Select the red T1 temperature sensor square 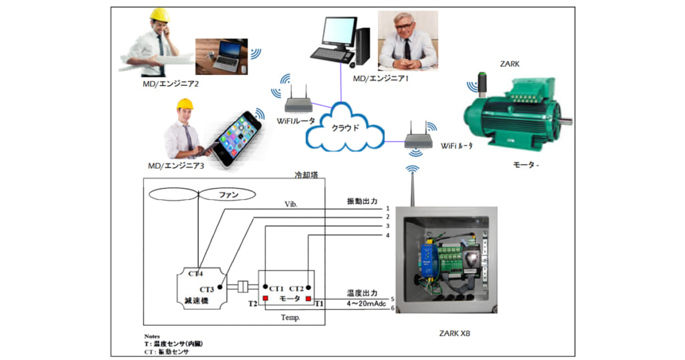pyautogui.click(x=309, y=298)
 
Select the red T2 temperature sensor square pyautogui.click(x=265, y=298)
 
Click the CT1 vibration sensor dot pyautogui.click(x=266, y=286)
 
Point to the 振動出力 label pyautogui.click(x=362, y=201)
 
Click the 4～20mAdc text pyautogui.click(x=367, y=303)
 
